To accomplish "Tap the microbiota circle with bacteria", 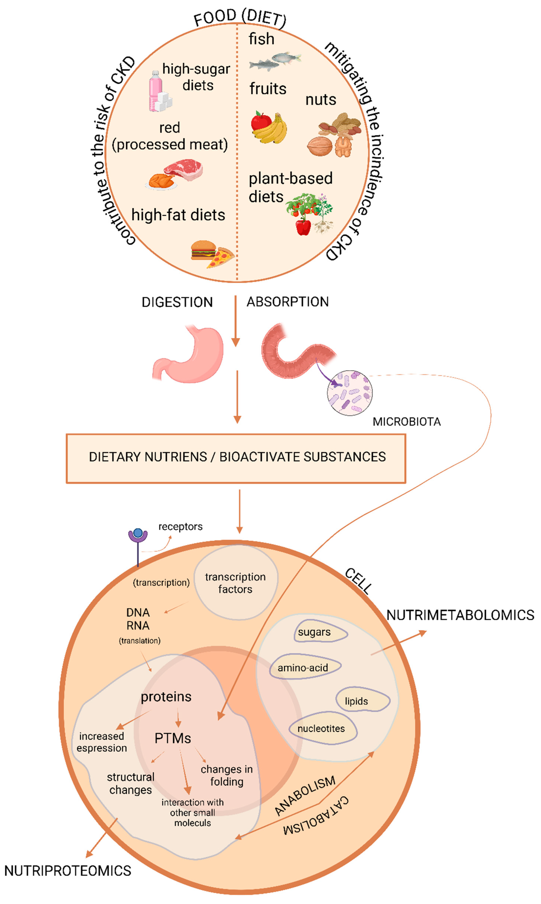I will click(349, 393).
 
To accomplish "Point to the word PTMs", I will click(173, 738).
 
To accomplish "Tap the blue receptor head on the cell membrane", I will click(138, 533).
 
